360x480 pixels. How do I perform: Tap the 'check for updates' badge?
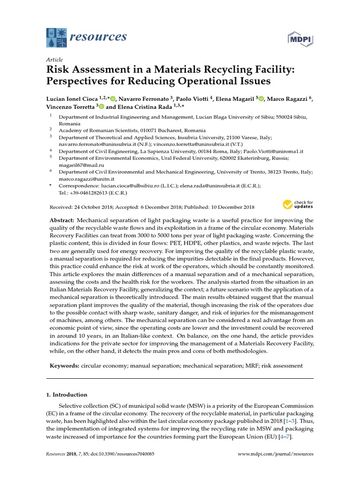[x=298, y=204]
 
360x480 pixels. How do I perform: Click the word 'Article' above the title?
[x=54, y=60]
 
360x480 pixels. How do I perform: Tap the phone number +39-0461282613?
[x=92, y=192]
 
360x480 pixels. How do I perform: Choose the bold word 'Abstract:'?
[x=62, y=220]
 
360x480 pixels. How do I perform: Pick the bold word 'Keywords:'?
[x=65, y=365]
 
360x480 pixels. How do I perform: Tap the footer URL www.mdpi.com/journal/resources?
[x=276, y=454]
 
